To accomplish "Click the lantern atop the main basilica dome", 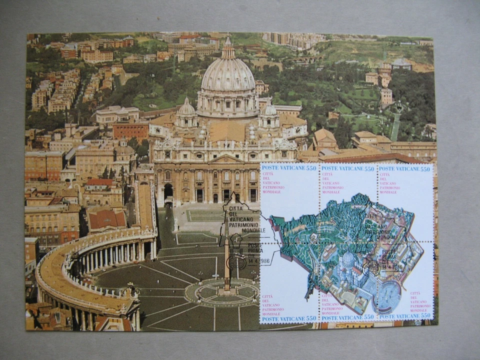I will pyautogui.click(x=228, y=48).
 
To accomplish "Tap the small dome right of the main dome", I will pyautogui.click(x=270, y=110).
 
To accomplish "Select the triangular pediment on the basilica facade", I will pyautogui.click(x=226, y=159).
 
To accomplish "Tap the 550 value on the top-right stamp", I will pyautogui.click(x=424, y=169).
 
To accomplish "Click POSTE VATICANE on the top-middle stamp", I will pyautogui.click(x=341, y=169).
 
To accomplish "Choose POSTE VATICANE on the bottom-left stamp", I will pyautogui.click(x=283, y=318).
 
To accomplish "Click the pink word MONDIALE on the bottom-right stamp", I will pyautogui.click(x=420, y=310).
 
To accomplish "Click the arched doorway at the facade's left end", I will pyautogui.click(x=168, y=191).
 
